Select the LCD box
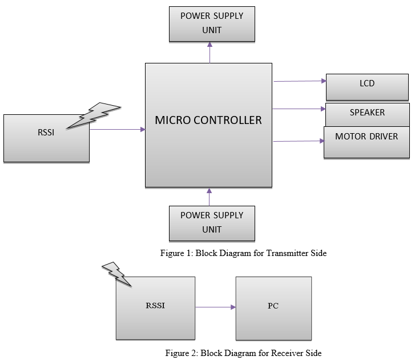click(x=367, y=87)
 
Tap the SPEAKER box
click(x=367, y=114)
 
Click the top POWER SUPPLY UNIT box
click(x=212, y=24)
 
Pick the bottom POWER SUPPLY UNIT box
click(x=212, y=223)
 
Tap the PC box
click(x=273, y=308)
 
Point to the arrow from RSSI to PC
click(x=215, y=307)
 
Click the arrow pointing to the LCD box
click(x=299, y=81)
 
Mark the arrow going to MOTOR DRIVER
click(x=298, y=141)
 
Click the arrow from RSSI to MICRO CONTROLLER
click(x=117, y=130)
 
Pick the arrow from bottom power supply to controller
click(x=210, y=197)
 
